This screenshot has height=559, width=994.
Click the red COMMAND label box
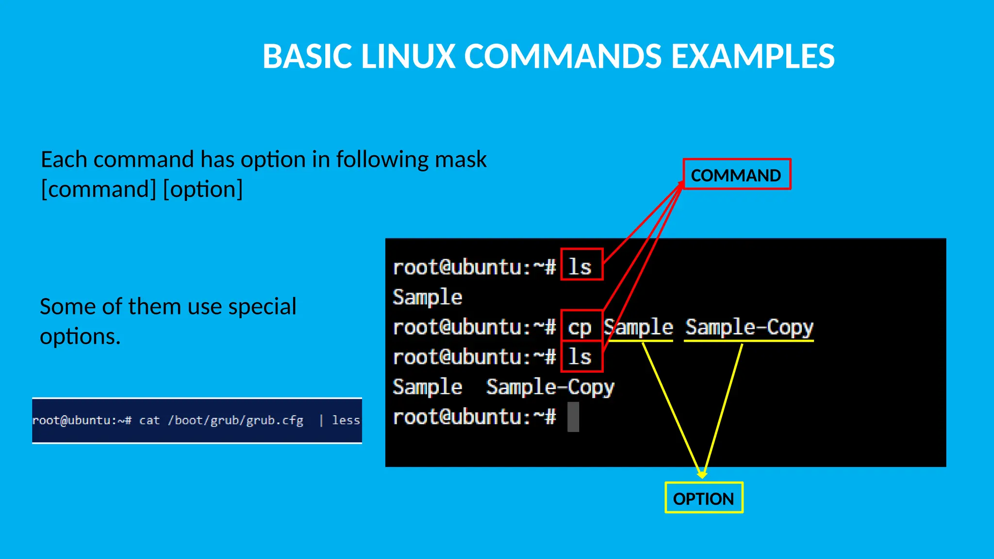pyautogui.click(x=736, y=175)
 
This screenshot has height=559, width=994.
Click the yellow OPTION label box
pyautogui.click(x=703, y=498)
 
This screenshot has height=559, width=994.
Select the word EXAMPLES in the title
pyautogui.click(x=752, y=56)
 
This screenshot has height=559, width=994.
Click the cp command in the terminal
pyautogui.click(x=580, y=328)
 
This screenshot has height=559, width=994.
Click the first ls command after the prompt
pyautogui.click(x=580, y=267)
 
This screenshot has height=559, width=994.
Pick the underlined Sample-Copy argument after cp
pyautogui.click(x=749, y=328)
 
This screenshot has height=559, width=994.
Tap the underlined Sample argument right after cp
pyautogui.click(x=639, y=328)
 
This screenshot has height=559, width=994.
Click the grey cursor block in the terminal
pyautogui.click(x=573, y=417)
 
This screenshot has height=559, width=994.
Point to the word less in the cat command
pyautogui.click(x=346, y=420)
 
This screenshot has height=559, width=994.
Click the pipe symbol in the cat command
pyautogui.click(x=321, y=420)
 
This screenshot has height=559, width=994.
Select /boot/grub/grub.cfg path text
pyautogui.click(x=235, y=420)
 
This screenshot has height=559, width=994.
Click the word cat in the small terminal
pyautogui.click(x=149, y=420)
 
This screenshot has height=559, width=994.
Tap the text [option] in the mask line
pyautogui.click(x=203, y=189)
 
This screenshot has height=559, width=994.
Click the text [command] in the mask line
pyautogui.click(x=99, y=189)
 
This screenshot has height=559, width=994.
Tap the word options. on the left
pyautogui.click(x=80, y=336)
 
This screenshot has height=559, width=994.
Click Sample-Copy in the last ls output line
pyautogui.click(x=550, y=387)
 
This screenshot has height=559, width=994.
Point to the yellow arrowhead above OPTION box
pyautogui.click(x=702, y=474)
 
